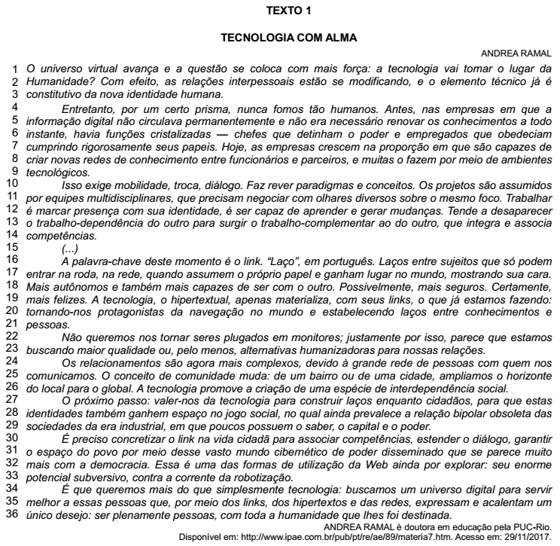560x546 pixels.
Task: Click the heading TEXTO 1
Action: pos(279,12)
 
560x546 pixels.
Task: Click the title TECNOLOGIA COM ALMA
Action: pos(279,37)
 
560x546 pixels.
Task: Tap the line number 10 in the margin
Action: pos(11,183)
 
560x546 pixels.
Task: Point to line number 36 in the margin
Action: pos(11,514)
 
